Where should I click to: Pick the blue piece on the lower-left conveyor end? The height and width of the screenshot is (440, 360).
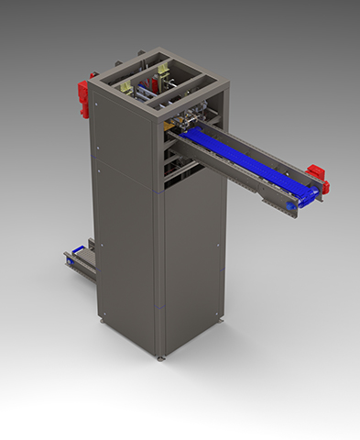pos(69,261)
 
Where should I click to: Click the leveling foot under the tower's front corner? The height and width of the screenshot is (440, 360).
pos(162,356)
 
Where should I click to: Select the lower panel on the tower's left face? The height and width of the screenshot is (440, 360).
pos(126,257)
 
